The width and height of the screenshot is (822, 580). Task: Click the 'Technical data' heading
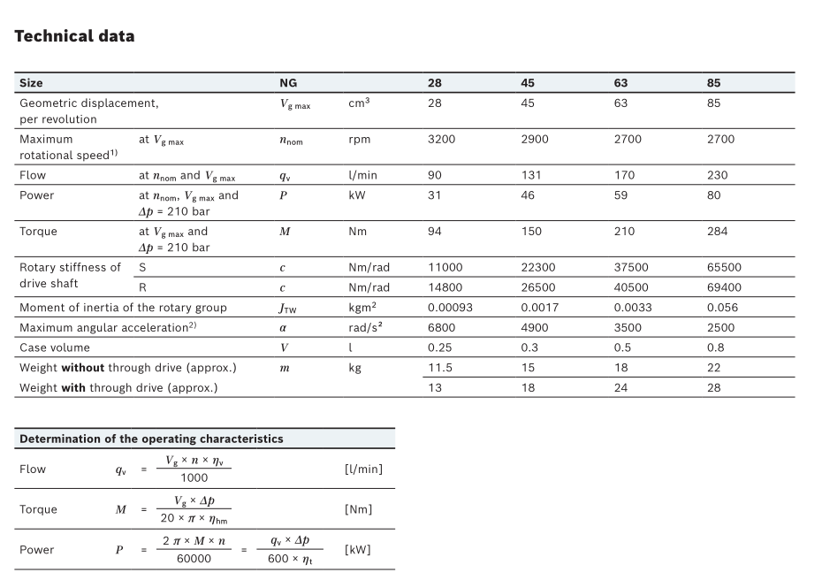pyautogui.click(x=74, y=36)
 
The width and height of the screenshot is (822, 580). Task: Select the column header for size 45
pyautogui.click(x=528, y=83)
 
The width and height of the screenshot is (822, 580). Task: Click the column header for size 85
pyautogui.click(x=714, y=83)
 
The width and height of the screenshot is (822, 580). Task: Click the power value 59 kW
pyautogui.click(x=620, y=195)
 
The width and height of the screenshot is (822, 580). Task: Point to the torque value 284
pyautogui.click(x=717, y=232)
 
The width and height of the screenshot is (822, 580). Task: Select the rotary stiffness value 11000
pyautogui.click(x=445, y=267)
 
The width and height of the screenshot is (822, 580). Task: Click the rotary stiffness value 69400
pyautogui.click(x=724, y=287)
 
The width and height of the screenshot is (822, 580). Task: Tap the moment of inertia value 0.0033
pyautogui.click(x=631, y=308)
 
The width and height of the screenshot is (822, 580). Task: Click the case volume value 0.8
pyautogui.click(x=715, y=347)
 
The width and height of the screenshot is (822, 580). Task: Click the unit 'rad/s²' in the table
pyautogui.click(x=366, y=327)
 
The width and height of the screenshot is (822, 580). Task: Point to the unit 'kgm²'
pyautogui.click(x=362, y=308)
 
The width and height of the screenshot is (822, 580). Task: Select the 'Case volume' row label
pyautogui.click(x=54, y=347)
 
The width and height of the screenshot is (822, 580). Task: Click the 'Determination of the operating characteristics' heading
pyautogui.click(x=151, y=439)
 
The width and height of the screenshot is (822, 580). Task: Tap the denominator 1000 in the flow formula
pyautogui.click(x=194, y=477)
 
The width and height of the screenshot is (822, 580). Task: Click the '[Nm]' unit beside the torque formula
pyautogui.click(x=358, y=509)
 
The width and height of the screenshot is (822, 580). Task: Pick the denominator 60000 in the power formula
pyautogui.click(x=194, y=559)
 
